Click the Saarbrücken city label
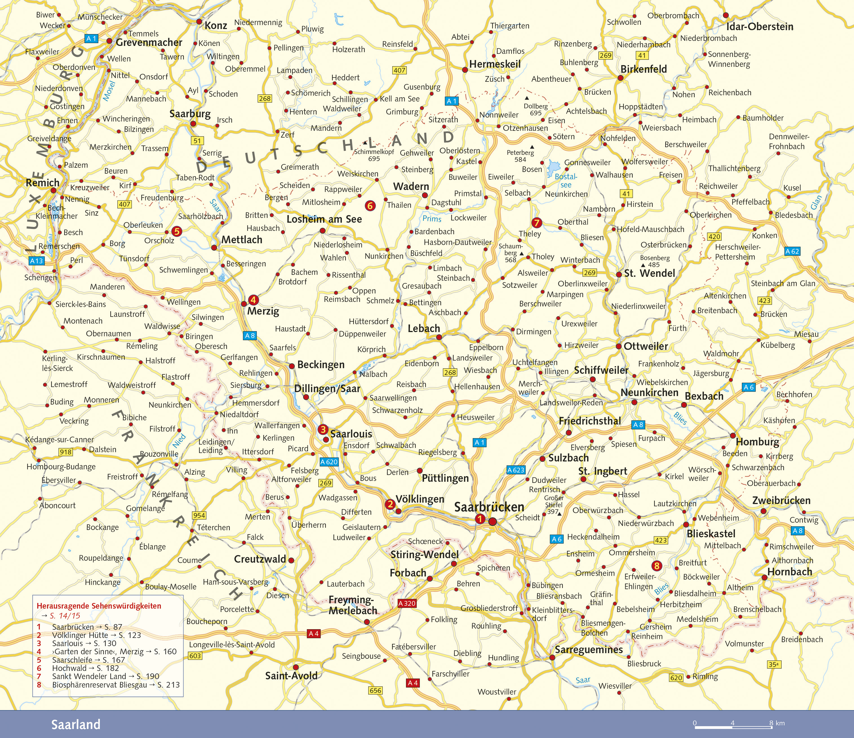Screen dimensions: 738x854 [489, 507]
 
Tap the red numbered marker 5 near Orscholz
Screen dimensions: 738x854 [176, 231]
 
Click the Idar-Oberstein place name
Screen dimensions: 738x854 [759, 27]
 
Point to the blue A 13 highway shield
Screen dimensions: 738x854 [36, 260]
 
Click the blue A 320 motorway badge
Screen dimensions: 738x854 [407, 603]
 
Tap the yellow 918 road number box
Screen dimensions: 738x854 [66, 452]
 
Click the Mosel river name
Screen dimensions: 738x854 [109, 91]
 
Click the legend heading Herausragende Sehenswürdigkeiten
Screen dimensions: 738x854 [99, 606]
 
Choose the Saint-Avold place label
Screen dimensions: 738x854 [291, 675]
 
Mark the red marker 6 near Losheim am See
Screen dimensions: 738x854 [370, 205]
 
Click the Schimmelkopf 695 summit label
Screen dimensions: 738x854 [374, 154]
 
